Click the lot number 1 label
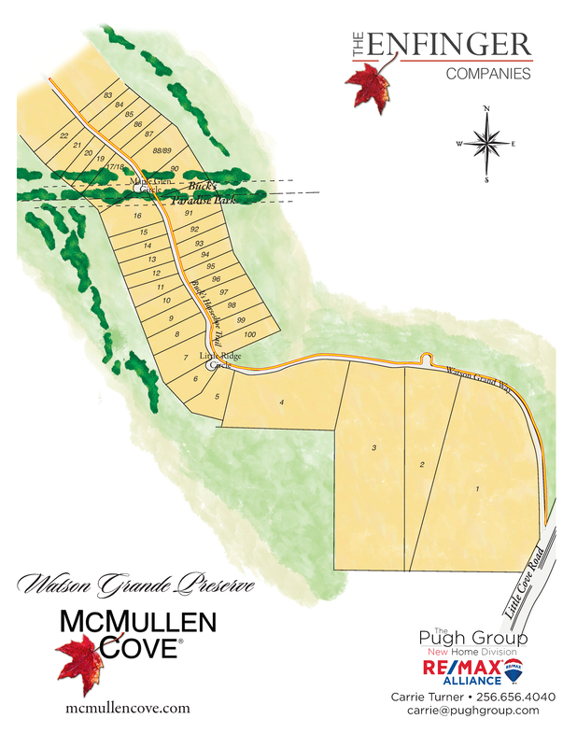pos(477,488)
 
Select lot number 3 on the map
pos(374,449)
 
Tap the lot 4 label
pos(281,402)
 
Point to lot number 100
pos(249,334)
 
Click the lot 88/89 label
pos(162,150)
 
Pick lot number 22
pos(63,136)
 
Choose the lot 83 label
pos(108,95)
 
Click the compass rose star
pos(486,143)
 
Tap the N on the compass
pos(486,109)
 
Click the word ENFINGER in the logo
pos(450,44)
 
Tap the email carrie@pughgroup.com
pos(472,711)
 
